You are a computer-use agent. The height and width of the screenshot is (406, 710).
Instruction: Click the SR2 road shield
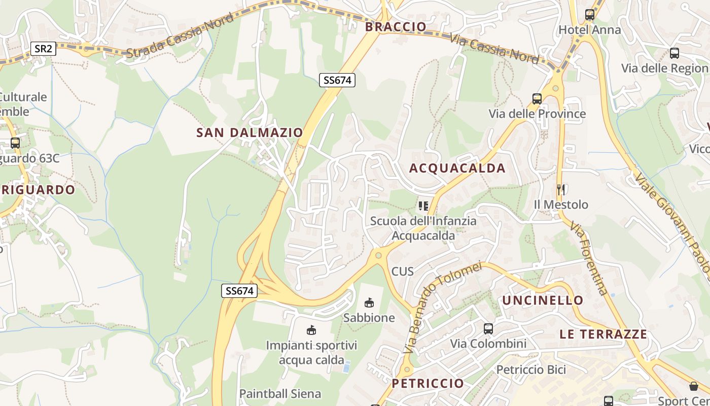tap(43, 49)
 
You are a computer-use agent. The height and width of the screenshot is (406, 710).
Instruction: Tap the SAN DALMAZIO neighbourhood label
tap(250, 133)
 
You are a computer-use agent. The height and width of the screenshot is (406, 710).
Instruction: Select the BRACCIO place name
tap(396, 27)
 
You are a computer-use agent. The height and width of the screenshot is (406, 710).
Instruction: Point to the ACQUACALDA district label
tap(457, 168)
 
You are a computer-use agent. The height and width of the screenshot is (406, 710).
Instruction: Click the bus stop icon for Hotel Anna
tap(589, 15)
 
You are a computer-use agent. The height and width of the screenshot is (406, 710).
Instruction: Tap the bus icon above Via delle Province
tap(537, 99)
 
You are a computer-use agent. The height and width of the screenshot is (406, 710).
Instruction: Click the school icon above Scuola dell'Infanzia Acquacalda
tap(423, 206)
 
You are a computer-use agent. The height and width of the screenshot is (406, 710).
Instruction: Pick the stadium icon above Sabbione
tap(369, 303)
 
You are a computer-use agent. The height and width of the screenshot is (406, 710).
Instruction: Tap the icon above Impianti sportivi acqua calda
tap(311, 330)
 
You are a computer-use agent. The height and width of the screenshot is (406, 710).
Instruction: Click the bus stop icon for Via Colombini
tap(488, 329)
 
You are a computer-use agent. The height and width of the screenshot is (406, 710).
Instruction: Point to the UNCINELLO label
tap(543, 300)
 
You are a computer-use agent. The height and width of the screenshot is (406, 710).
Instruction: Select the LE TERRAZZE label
tap(603, 334)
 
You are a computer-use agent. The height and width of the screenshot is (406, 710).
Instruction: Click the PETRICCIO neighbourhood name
tap(428, 383)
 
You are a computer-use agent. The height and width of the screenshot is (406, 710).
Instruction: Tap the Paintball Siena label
tap(280, 394)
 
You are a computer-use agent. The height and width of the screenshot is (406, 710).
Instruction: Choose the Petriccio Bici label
tap(531, 369)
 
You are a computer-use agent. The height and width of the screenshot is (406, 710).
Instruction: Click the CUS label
tap(403, 272)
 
